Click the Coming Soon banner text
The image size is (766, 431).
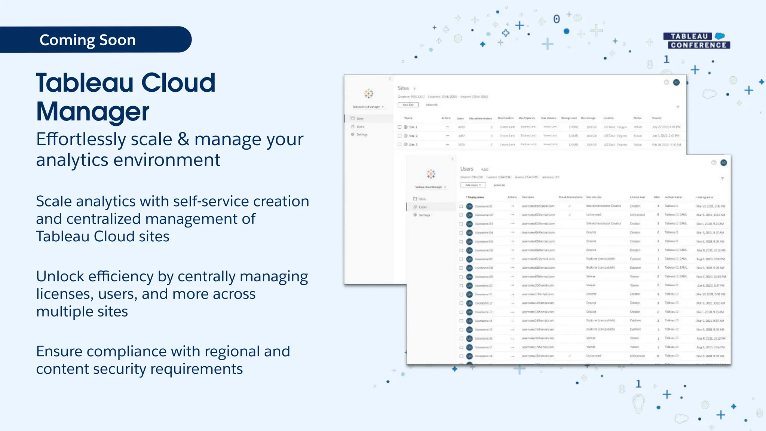[88, 40]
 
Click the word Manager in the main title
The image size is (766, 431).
[93, 111]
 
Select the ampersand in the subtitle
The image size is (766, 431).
[183, 139]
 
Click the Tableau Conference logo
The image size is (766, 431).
[696, 41]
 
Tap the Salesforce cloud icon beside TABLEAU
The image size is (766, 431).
[720, 36]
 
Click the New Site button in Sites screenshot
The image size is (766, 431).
[408, 105]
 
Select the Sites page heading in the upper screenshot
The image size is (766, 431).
[403, 88]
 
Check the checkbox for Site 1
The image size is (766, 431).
[399, 127]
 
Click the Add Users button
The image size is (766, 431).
[473, 185]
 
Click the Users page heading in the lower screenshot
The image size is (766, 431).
[467, 169]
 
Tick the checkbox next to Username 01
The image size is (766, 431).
[461, 206]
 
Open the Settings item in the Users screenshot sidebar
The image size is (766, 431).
[424, 215]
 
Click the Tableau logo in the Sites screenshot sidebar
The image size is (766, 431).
[369, 94]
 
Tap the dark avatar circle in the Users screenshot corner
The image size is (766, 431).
[724, 163]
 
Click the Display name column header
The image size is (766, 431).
[476, 197]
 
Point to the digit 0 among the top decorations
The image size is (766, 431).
[557, 19]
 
